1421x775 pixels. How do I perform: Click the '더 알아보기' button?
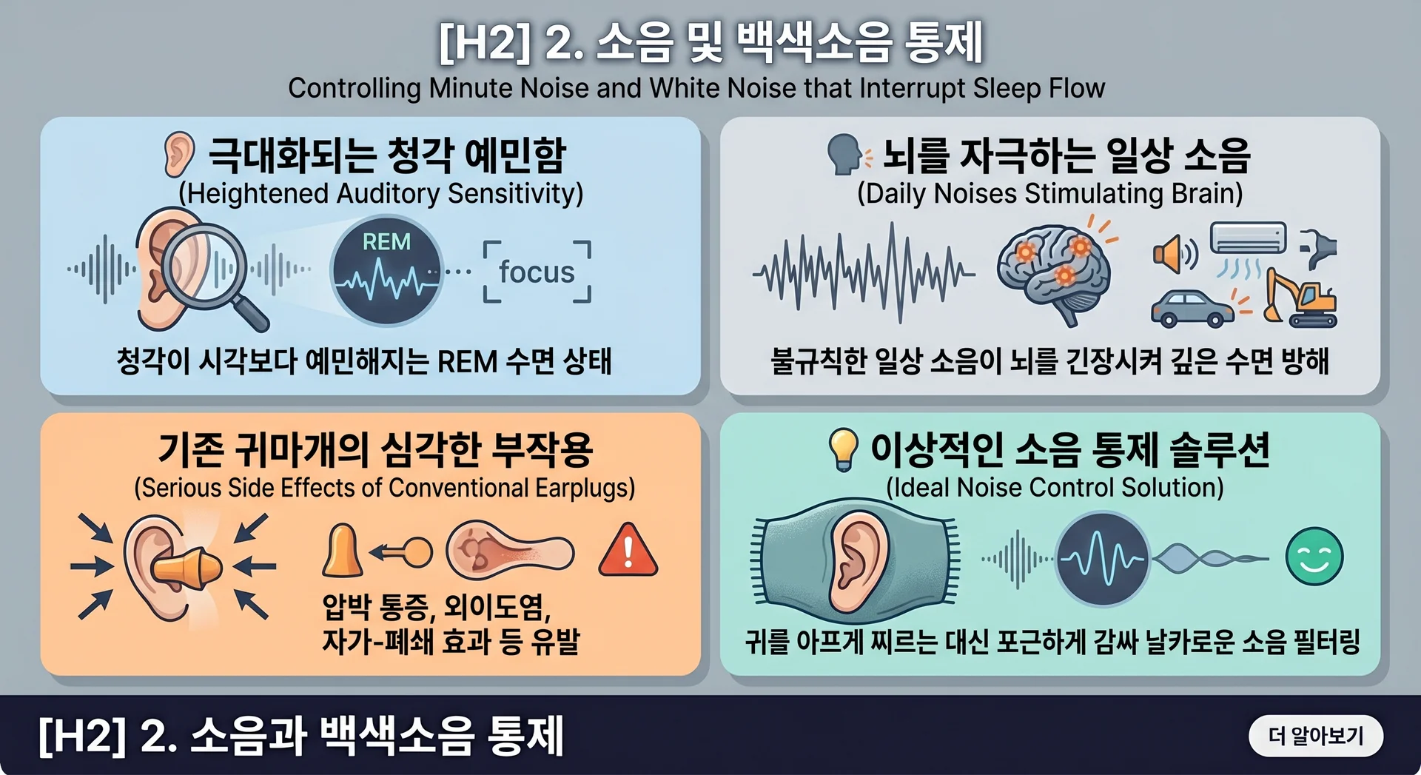[x=1315, y=736]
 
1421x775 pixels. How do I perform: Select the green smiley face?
[x=1314, y=557]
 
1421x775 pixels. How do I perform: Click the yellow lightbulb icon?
[x=842, y=449]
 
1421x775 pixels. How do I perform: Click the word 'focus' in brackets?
[x=537, y=272]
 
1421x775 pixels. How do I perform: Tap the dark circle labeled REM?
[x=386, y=272]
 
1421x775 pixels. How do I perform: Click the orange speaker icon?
[x=1175, y=254]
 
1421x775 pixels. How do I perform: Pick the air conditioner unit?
[x=1248, y=238]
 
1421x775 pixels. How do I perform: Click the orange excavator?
[x=1300, y=298]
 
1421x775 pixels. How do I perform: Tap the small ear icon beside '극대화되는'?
[x=179, y=154]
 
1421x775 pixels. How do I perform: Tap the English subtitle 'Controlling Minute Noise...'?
[x=696, y=88]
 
